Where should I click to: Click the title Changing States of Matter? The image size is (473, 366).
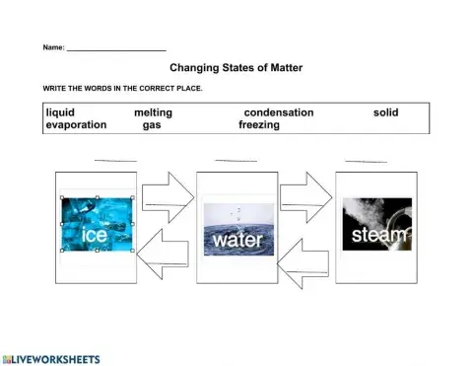pos(236,68)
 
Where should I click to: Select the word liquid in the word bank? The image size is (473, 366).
pos(60,112)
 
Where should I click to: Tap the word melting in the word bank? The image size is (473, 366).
pos(153,112)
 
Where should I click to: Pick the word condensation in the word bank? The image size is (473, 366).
pos(279,112)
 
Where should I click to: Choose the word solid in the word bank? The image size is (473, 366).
pos(386,112)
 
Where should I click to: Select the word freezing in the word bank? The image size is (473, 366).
pos(259,125)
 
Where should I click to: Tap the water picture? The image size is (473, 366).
pos(238,230)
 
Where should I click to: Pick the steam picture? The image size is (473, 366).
pos(379,224)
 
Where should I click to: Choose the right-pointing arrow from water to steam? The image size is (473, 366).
pos(305,197)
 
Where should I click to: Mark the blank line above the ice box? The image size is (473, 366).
pos(115,160)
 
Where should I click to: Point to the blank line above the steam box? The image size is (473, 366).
pos(366,161)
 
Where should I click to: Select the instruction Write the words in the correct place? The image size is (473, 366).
pos(122,89)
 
